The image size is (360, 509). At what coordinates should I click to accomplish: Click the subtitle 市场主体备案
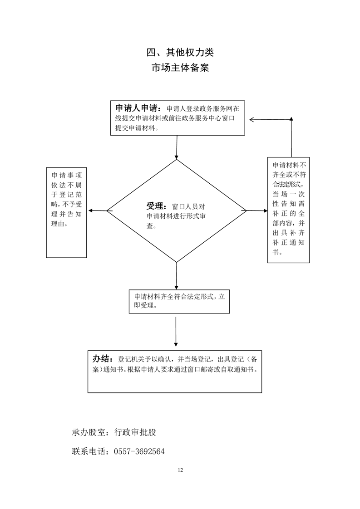[x=180, y=68]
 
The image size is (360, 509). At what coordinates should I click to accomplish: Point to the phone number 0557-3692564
[x=139, y=452]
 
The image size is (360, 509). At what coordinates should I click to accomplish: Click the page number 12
[x=180, y=470]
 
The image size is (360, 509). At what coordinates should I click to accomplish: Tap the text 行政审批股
[x=135, y=432]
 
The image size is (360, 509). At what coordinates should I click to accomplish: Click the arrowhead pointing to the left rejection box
[x=90, y=210]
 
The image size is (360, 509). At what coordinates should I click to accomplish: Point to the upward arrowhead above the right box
[x=291, y=119]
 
